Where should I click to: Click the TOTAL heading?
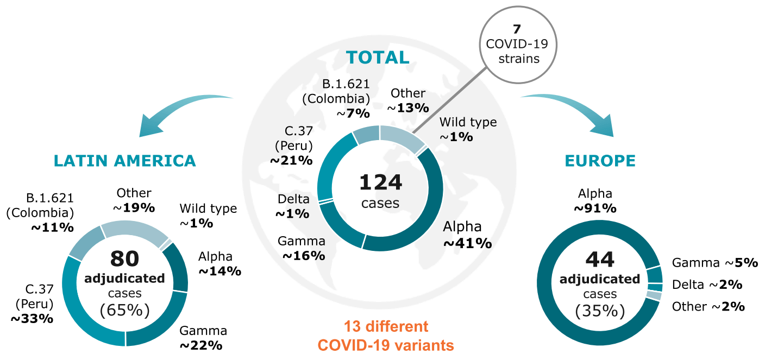[x=378, y=58]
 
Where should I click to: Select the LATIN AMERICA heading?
[x=124, y=161]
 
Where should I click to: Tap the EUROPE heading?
[x=600, y=161]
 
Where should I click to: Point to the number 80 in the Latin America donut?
[x=124, y=258]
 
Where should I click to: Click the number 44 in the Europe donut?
[x=600, y=260]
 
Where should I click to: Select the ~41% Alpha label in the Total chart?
[x=468, y=243]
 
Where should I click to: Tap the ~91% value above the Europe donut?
[x=595, y=208]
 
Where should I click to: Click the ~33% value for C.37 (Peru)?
[x=32, y=319]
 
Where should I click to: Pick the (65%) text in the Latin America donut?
[x=124, y=310]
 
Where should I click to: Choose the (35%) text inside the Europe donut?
[x=600, y=311]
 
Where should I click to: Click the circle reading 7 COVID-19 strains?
[x=518, y=45]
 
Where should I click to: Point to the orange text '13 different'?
[x=386, y=326]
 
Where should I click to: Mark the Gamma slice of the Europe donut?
[x=654, y=275]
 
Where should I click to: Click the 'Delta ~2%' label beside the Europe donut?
[x=707, y=285]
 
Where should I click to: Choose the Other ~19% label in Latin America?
[x=134, y=200]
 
